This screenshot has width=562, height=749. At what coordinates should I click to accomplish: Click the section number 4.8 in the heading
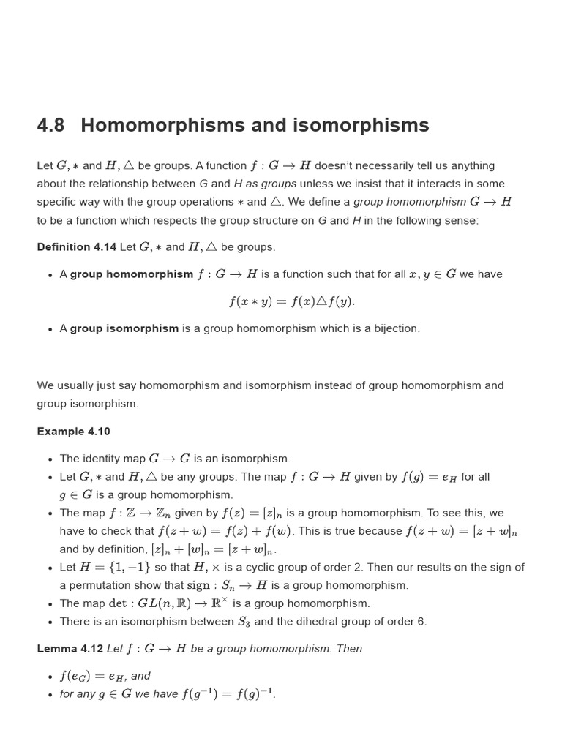[x=50, y=126]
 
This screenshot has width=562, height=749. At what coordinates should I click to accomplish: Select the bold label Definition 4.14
[x=77, y=247]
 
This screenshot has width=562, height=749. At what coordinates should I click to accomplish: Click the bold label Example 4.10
[x=73, y=432]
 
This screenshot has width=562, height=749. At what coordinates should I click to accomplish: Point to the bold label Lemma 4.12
[x=70, y=649]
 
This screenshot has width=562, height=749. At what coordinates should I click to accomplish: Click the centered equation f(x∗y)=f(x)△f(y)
[x=292, y=301]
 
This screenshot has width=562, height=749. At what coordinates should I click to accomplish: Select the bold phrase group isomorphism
[x=124, y=328]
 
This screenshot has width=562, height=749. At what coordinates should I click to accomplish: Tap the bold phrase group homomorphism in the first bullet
[x=132, y=274]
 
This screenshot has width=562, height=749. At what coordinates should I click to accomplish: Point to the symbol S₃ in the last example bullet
[x=244, y=622]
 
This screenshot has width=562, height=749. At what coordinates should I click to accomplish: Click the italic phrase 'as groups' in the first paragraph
[x=271, y=184]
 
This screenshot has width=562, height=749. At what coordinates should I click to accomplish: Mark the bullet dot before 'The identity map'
[x=50, y=459]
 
